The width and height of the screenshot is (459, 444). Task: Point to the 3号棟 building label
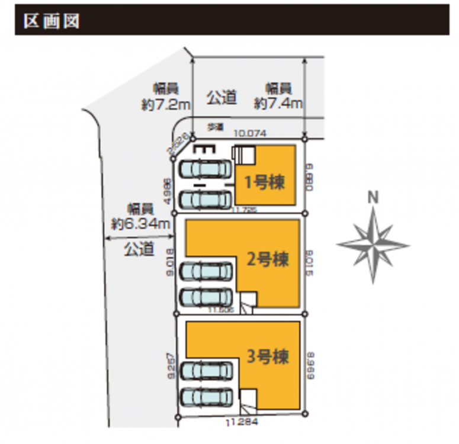[x=268, y=357]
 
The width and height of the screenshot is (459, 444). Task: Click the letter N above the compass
[x=373, y=197]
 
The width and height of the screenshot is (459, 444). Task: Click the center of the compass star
[x=373, y=243]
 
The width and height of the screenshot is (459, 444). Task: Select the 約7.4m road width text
[x=278, y=103]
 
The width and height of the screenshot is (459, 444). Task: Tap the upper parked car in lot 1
[x=205, y=169]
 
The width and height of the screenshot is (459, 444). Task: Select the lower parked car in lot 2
[x=205, y=297]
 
